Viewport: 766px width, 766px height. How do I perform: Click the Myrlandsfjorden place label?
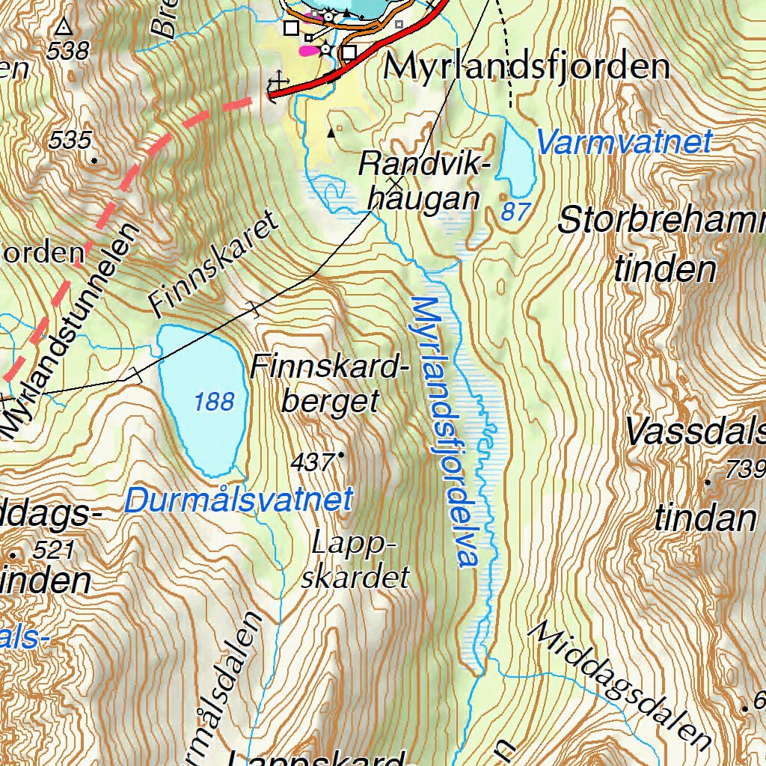pyautogui.click(x=527, y=67)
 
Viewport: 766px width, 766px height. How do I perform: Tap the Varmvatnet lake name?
pyautogui.click(x=624, y=142)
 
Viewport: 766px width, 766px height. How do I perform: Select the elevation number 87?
pyautogui.click(x=515, y=212)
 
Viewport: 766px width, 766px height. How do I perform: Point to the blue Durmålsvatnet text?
pyautogui.click(x=238, y=500)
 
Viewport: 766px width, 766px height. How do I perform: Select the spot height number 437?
pyautogui.click(x=312, y=463)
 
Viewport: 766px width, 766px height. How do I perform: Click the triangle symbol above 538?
pyautogui.click(x=64, y=28)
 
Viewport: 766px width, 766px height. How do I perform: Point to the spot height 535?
pyautogui.click(x=70, y=140)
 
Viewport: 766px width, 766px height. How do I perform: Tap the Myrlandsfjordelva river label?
pyautogui.click(x=445, y=432)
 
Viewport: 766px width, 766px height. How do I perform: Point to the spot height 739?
pyautogui.click(x=745, y=470)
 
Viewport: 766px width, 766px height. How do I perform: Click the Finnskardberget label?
pyautogui.click(x=330, y=384)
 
